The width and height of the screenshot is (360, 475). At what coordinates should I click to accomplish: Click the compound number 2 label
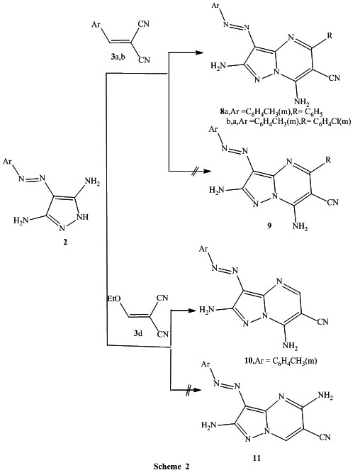tap(65, 242)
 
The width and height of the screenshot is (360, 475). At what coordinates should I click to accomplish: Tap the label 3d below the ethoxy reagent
tap(138, 333)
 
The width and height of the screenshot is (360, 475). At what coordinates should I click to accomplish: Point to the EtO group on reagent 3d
tap(114, 299)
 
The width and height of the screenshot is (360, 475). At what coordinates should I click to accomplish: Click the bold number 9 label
tap(269, 225)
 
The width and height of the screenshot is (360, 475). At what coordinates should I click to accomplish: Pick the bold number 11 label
tap(257, 458)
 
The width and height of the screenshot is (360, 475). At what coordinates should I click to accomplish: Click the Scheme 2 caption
tap(171, 466)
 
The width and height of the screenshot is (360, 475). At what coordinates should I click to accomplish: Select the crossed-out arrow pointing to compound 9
tap(189, 172)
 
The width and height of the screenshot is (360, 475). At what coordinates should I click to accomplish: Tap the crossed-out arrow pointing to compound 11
tap(186, 390)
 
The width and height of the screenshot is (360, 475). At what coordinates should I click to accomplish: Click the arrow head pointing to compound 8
tap(199, 52)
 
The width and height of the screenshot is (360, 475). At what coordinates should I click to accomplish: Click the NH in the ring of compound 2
tap(83, 217)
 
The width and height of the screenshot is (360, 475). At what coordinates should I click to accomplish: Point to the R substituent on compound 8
tap(330, 35)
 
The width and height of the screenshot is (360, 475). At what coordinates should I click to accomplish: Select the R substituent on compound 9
tap(328, 160)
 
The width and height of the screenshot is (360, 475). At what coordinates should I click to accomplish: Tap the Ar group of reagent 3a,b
tap(96, 25)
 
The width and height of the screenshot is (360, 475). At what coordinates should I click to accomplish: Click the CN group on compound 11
tap(325, 437)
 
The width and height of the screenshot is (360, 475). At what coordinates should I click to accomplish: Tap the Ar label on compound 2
tap(7, 162)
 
